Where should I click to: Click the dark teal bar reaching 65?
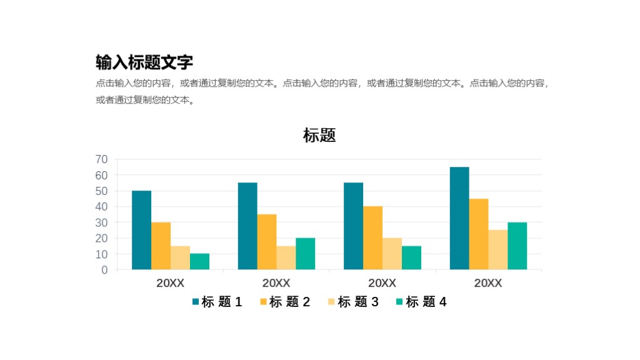pyautogui.click(x=459, y=218)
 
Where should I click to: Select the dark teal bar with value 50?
pyautogui.click(x=141, y=230)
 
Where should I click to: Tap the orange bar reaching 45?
pyautogui.click(x=479, y=234)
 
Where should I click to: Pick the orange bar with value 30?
pyautogui.click(x=161, y=246)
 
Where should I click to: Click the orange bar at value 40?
pyautogui.click(x=372, y=238)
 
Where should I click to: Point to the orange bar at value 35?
pyautogui.click(x=267, y=242)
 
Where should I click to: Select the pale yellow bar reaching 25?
pyautogui.click(x=498, y=250)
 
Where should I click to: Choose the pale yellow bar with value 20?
pyautogui.click(x=392, y=254)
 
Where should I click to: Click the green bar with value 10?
pyautogui.click(x=199, y=262)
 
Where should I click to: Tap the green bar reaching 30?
pyautogui.click(x=517, y=246)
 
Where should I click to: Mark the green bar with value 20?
pyautogui.click(x=305, y=254)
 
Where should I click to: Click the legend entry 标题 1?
pyautogui.click(x=217, y=302)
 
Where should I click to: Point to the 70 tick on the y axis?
pyautogui.click(x=101, y=159)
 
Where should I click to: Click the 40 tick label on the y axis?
pyautogui.click(x=101, y=207)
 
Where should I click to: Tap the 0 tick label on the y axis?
pyautogui.click(x=104, y=270)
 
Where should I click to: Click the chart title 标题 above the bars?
pyautogui.click(x=319, y=135)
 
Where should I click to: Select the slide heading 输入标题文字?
pyautogui.click(x=144, y=62)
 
